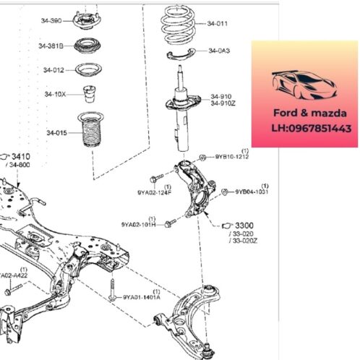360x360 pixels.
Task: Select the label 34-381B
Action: point(51,46)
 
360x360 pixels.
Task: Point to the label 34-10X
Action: point(55,94)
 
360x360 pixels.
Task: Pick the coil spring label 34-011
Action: point(218,23)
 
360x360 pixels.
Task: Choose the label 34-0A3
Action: point(218,51)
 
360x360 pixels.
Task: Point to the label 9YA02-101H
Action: point(140,226)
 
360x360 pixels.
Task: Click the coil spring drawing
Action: point(179,25)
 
